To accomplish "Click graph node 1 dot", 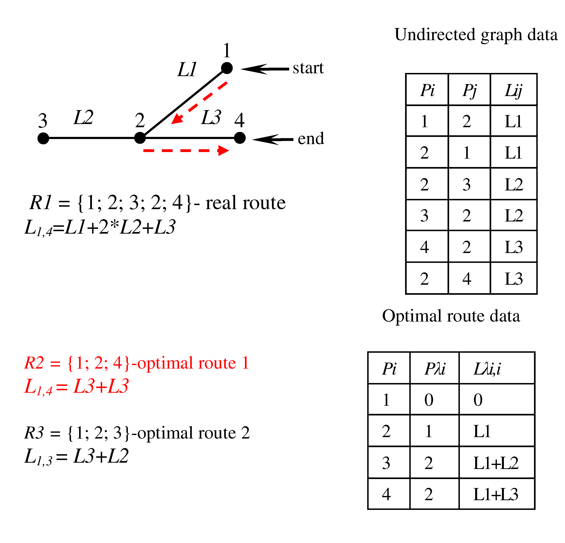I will click(227, 68).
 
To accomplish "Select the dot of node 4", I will click(240, 138).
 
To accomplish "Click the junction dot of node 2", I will click(140, 138).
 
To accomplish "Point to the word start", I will click(308, 68).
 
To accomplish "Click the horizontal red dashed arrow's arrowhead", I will click(223, 150).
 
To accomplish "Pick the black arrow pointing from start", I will click(265, 69).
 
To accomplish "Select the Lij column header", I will click(513, 90).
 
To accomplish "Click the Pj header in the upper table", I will click(470, 90).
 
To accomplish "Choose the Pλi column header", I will click(435, 369).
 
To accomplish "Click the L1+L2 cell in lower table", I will click(496, 463).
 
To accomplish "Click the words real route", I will click(245, 203).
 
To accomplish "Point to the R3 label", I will click(34, 433).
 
